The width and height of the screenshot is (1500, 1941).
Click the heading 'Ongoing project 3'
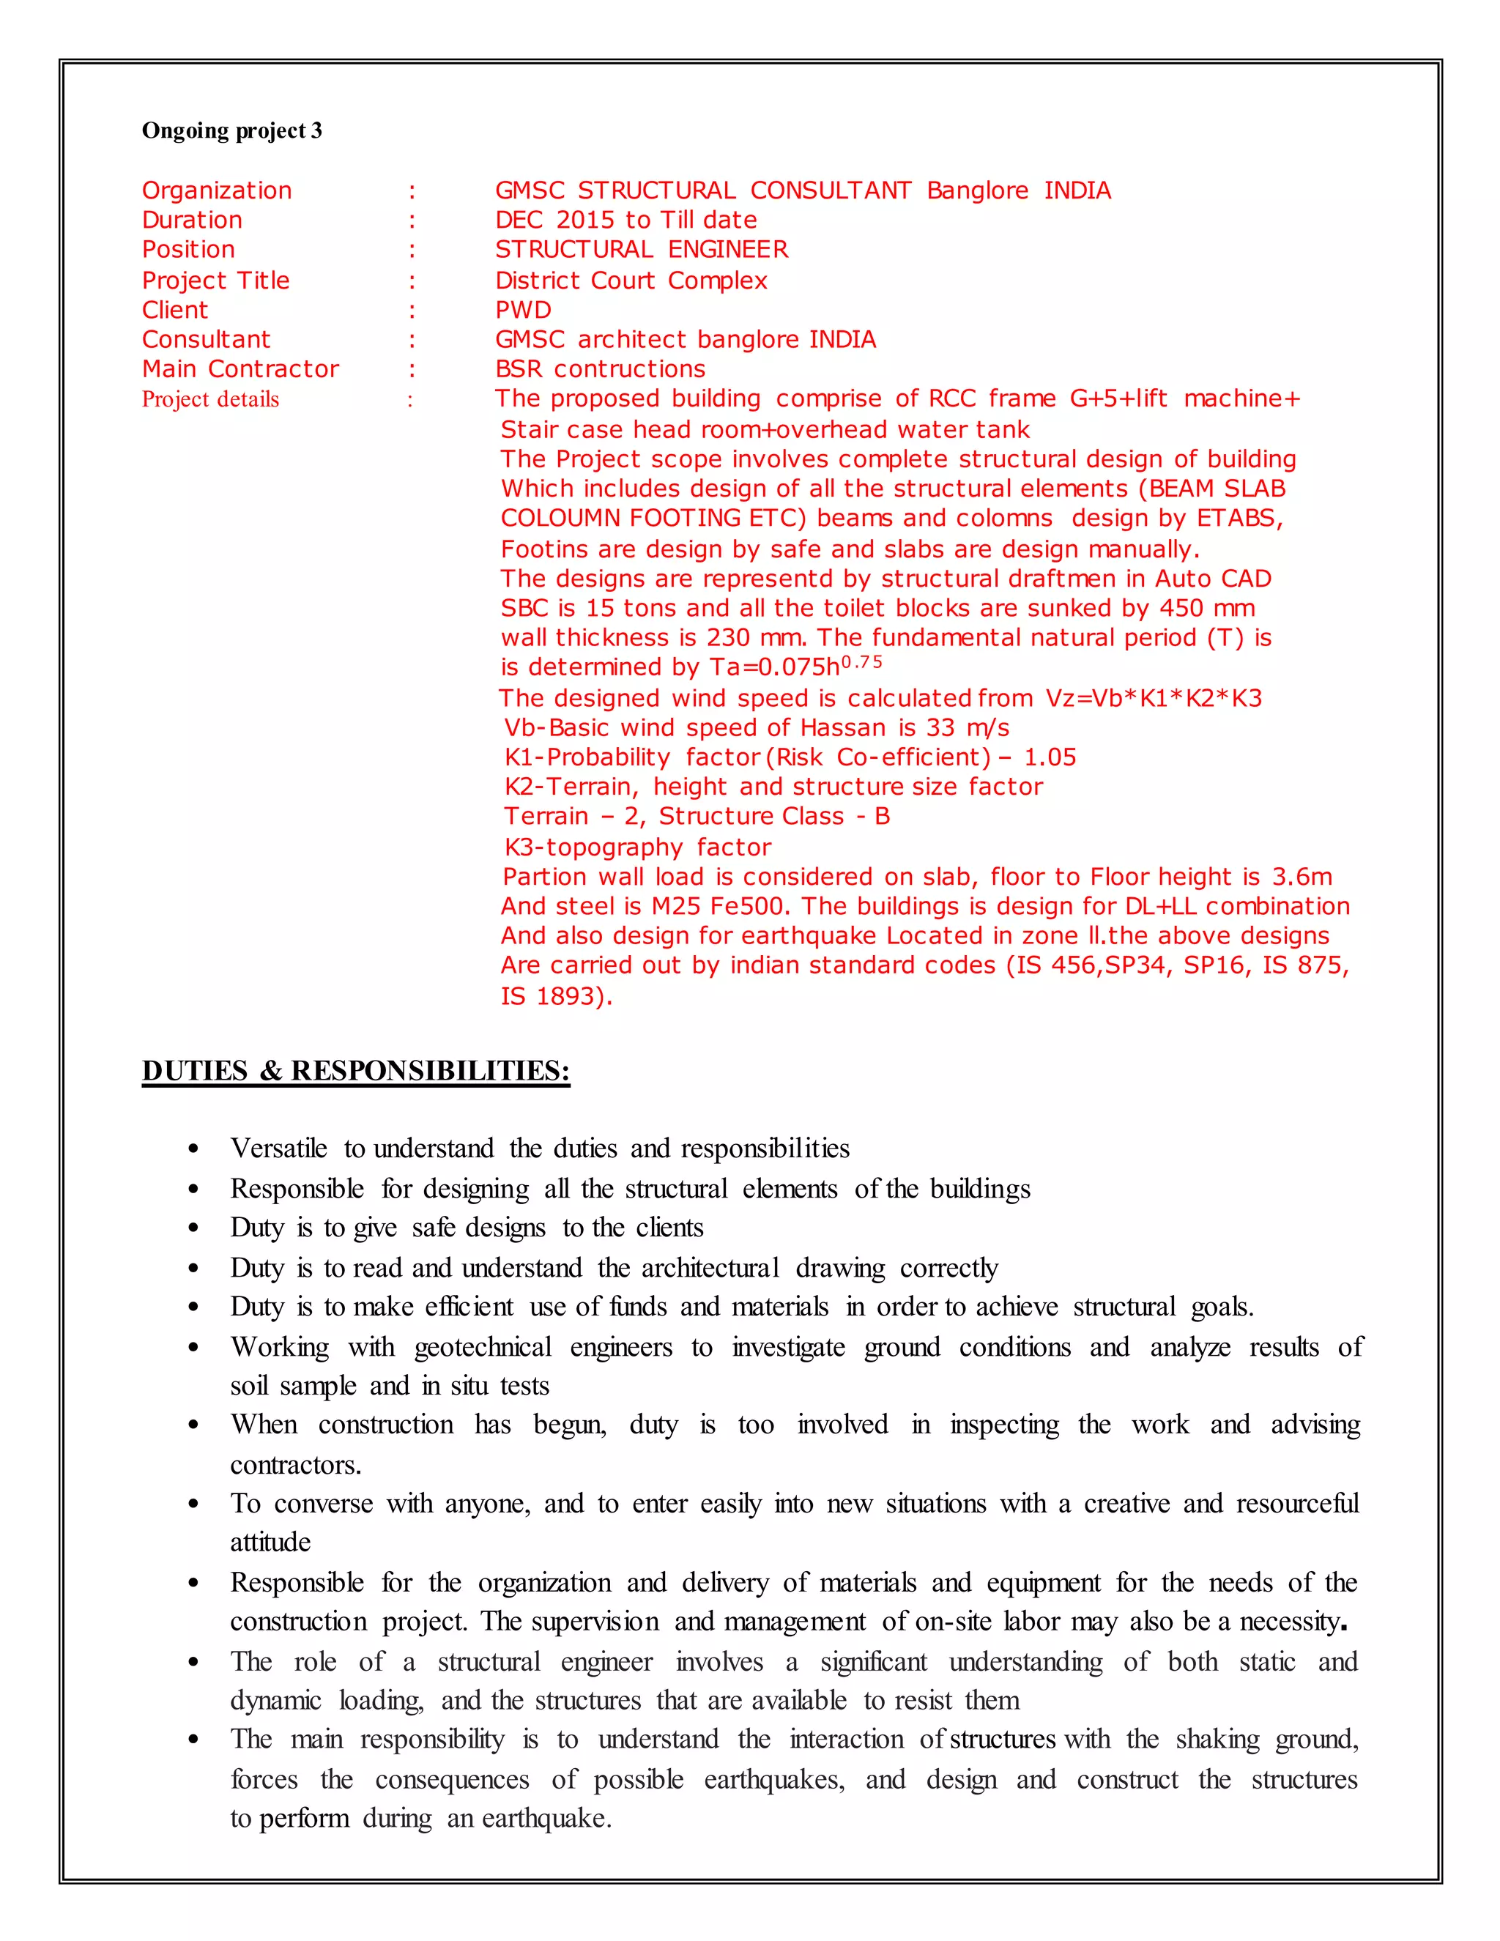pyautogui.click(x=232, y=130)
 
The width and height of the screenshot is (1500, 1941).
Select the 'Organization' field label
pyautogui.click(x=217, y=190)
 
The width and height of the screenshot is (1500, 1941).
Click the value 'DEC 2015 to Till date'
pyautogui.click(x=625, y=220)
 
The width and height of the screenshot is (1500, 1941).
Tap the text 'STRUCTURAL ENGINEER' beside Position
pyautogui.click(x=641, y=249)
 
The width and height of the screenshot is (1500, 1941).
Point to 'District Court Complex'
pyautogui.click(x=631, y=280)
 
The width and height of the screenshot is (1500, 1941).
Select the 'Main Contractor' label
pyautogui.click(x=240, y=369)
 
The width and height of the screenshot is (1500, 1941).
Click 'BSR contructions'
pyautogui.click(x=600, y=369)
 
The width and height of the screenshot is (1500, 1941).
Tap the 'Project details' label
pyautogui.click(x=211, y=399)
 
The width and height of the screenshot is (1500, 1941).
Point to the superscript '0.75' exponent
pyautogui.click(x=861, y=662)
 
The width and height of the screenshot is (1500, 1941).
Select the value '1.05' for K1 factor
pyautogui.click(x=1050, y=757)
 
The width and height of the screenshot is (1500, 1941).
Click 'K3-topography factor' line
pyautogui.click(x=637, y=847)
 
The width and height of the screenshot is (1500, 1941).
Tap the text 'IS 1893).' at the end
pyautogui.click(x=557, y=996)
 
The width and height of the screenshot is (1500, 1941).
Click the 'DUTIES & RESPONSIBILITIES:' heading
pyautogui.click(x=355, y=1070)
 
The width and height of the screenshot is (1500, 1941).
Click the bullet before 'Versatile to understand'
pyautogui.click(x=193, y=1149)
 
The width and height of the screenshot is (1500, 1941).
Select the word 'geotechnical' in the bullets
pyautogui.click(x=483, y=1347)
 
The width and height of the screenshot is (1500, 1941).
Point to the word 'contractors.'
pyautogui.click(x=296, y=1465)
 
